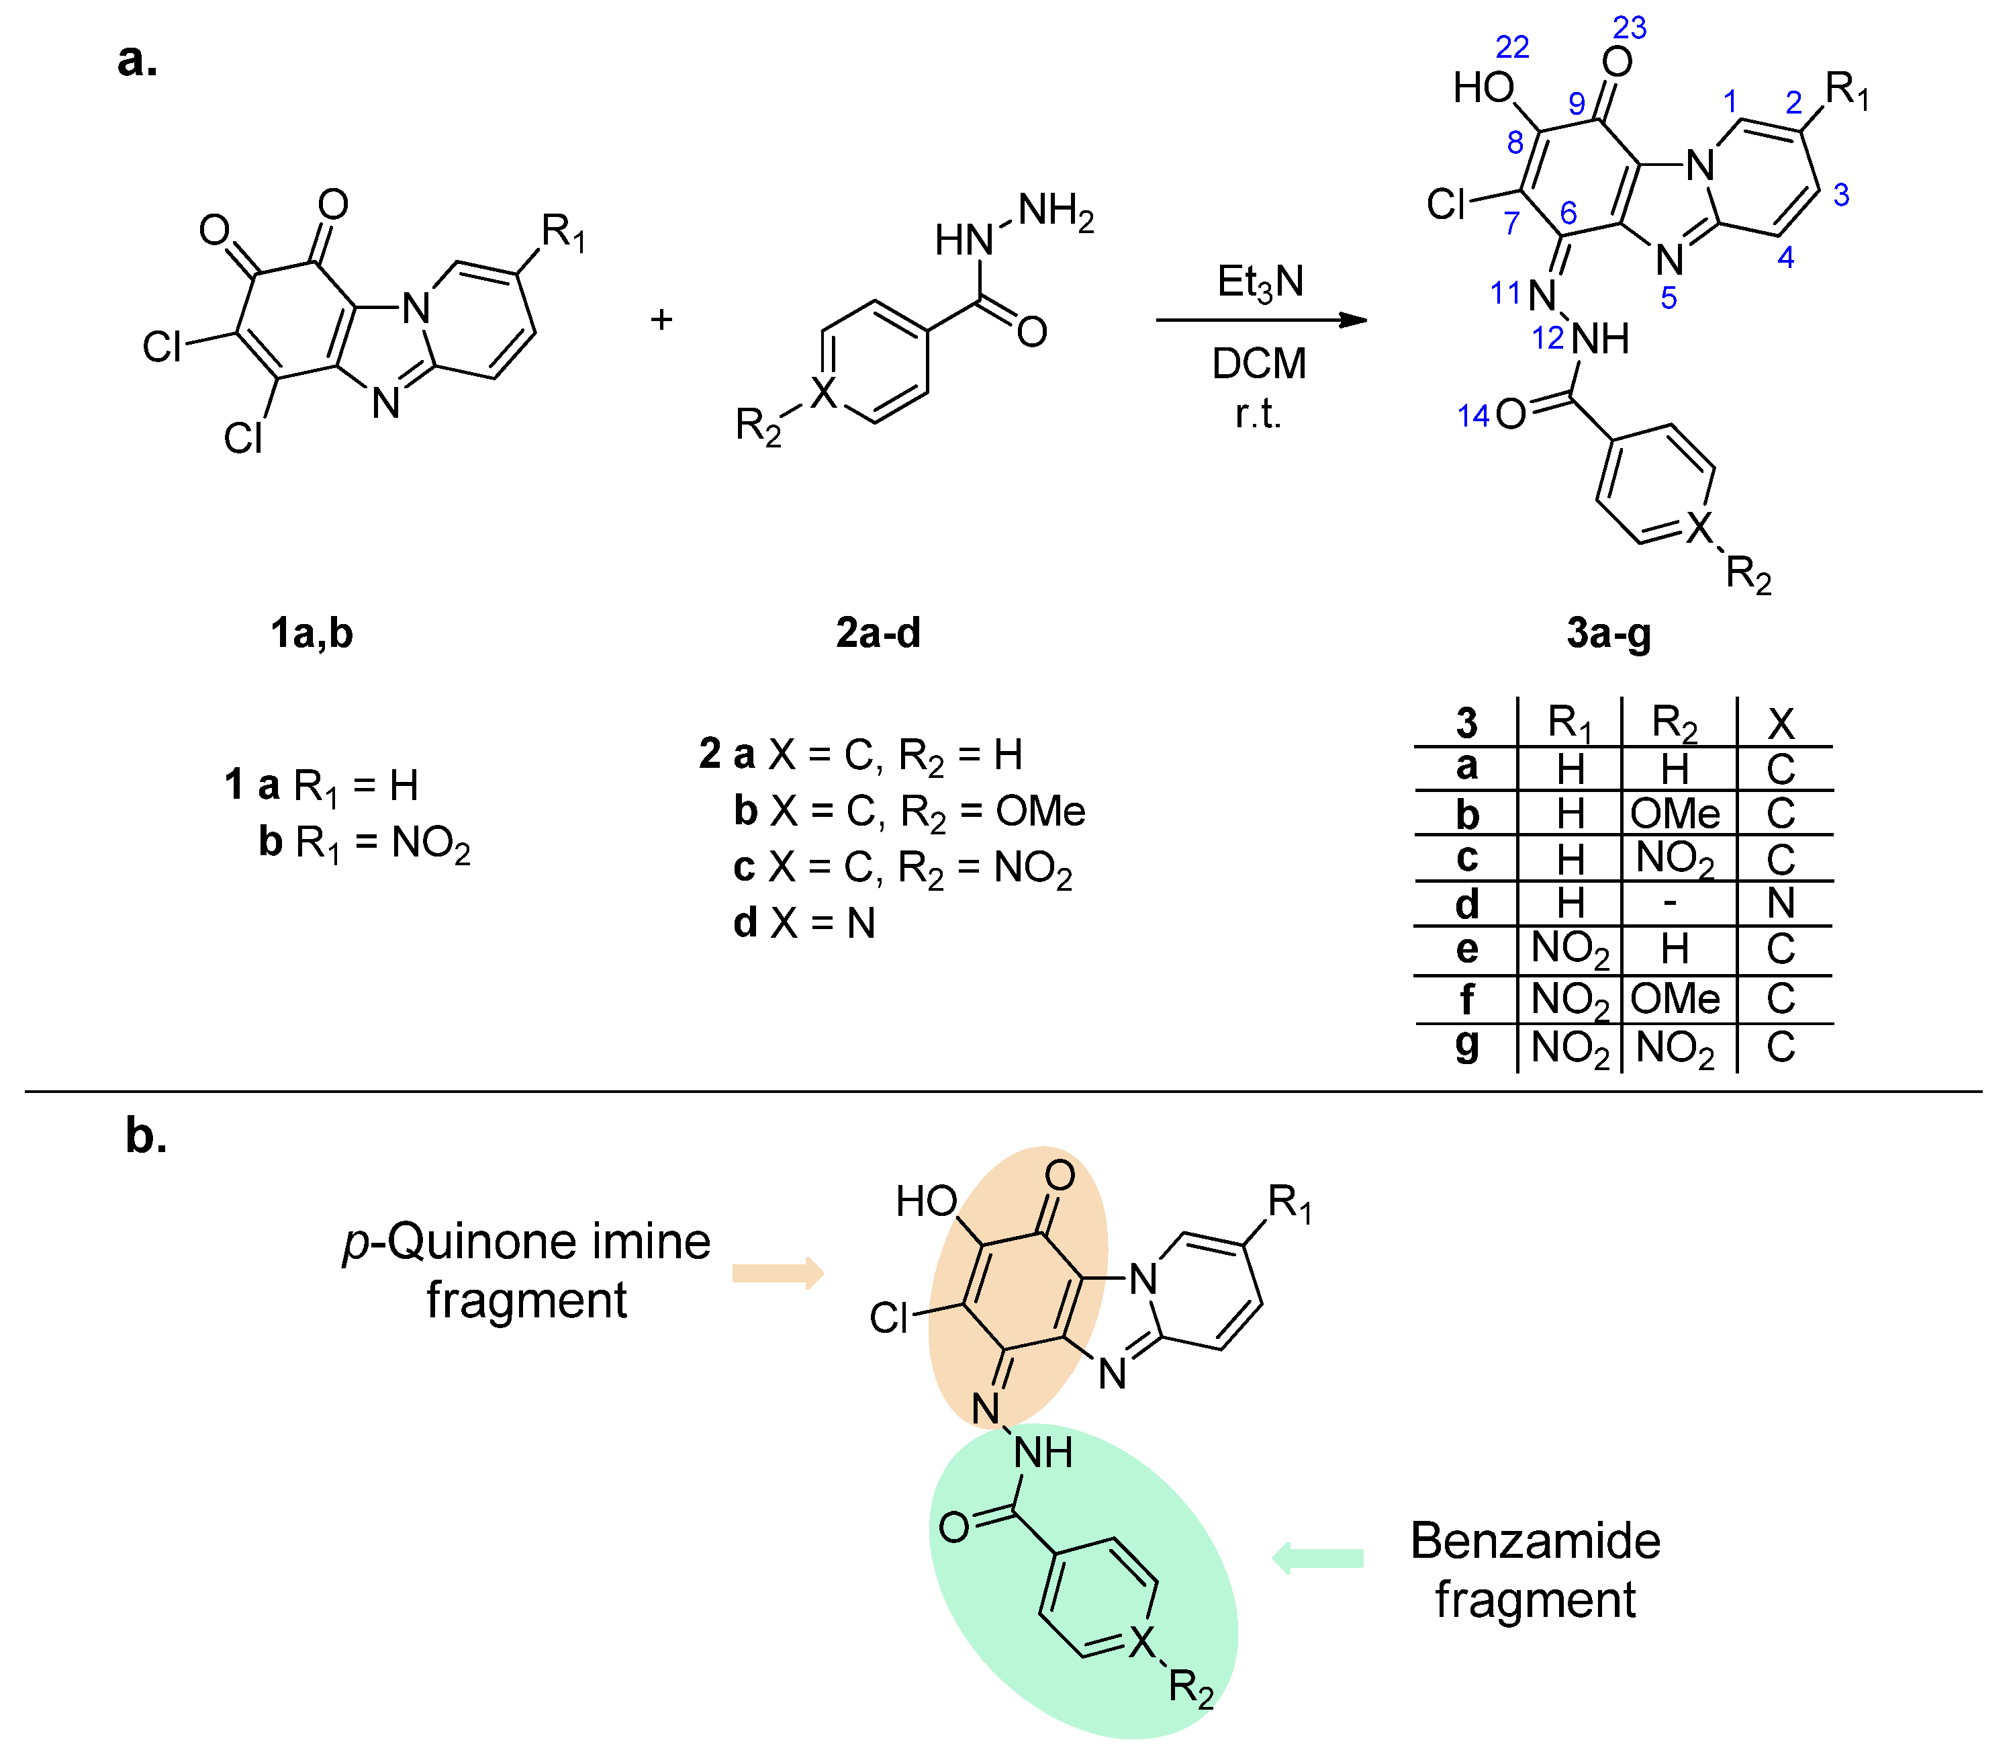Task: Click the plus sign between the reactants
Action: pos(661,320)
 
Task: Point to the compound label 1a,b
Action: pos(312,634)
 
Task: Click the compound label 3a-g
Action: pos(1609,634)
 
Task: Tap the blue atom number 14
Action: pos(1472,416)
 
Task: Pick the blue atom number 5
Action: pos(1669,298)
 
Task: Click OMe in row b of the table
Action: pos(1675,814)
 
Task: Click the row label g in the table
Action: pos(1466,1045)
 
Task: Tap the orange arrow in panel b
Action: pos(778,1274)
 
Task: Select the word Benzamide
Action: pos(1535,1542)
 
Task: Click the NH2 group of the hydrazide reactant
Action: pos(1056,211)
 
